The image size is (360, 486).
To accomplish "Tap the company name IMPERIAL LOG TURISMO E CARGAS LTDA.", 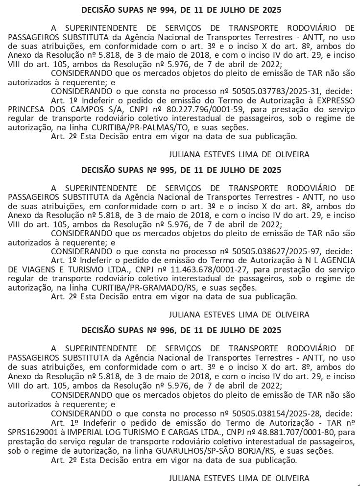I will (140, 433).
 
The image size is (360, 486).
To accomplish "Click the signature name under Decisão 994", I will (239, 154).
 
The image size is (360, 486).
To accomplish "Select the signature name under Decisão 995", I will (239, 314).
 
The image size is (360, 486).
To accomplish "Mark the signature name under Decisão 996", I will (239, 477).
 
